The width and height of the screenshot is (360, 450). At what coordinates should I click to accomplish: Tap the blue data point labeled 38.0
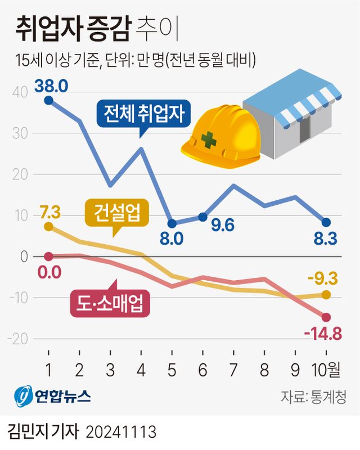point(48,100)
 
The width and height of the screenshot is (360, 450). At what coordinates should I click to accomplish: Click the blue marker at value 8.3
point(326,222)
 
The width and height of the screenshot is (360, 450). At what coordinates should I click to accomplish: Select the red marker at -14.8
point(326,317)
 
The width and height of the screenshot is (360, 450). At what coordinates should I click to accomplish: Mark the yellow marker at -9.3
point(326,294)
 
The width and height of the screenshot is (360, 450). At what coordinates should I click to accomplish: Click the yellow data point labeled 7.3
point(48,227)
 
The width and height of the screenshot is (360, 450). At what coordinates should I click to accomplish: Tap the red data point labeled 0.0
point(48,256)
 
